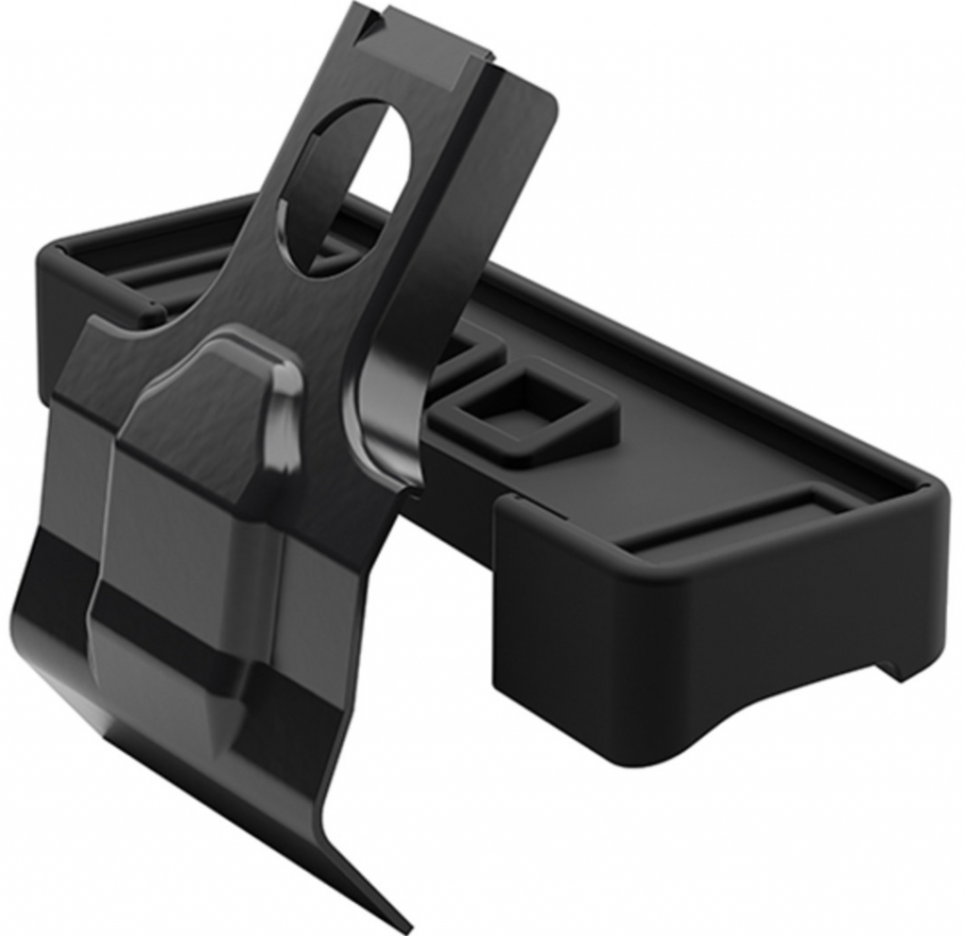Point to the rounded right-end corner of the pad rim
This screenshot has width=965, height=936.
click(x=933, y=500)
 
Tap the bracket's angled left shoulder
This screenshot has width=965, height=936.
click(x=94, y=339)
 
